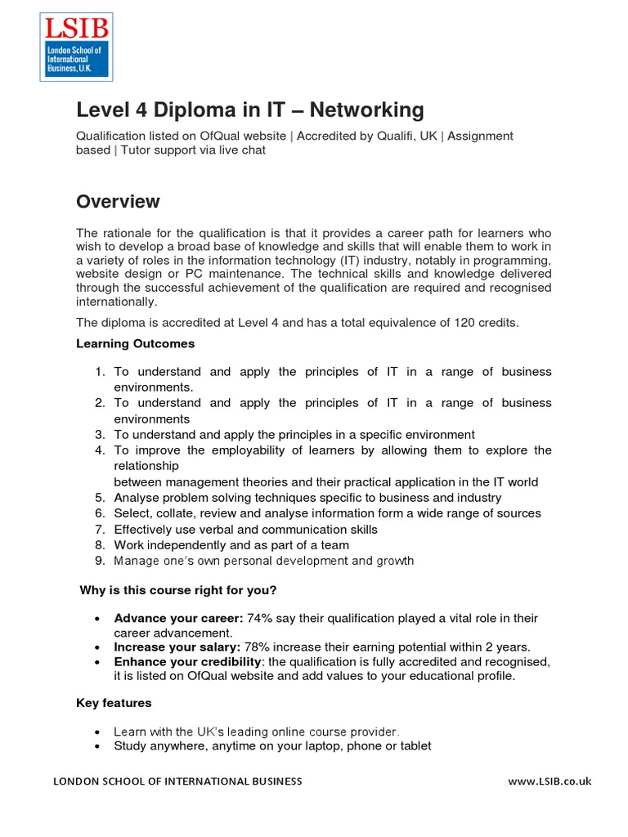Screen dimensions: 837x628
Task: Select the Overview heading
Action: [x=118, y=201]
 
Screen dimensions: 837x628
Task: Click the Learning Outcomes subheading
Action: [x=135, y=343]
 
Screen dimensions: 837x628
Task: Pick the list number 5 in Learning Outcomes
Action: [x=100, y=498]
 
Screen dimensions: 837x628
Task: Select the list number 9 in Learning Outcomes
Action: [x=100, y=561]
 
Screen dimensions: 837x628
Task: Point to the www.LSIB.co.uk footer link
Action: [x=549, y=781]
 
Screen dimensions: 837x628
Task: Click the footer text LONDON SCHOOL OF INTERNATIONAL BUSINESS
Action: [x=177, y=781]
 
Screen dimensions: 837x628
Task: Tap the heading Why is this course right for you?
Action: [x=178, y=590]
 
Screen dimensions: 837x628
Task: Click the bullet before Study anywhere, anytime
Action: [x=98, y=746]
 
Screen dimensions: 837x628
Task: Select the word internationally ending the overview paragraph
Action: [x=117, y=302]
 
